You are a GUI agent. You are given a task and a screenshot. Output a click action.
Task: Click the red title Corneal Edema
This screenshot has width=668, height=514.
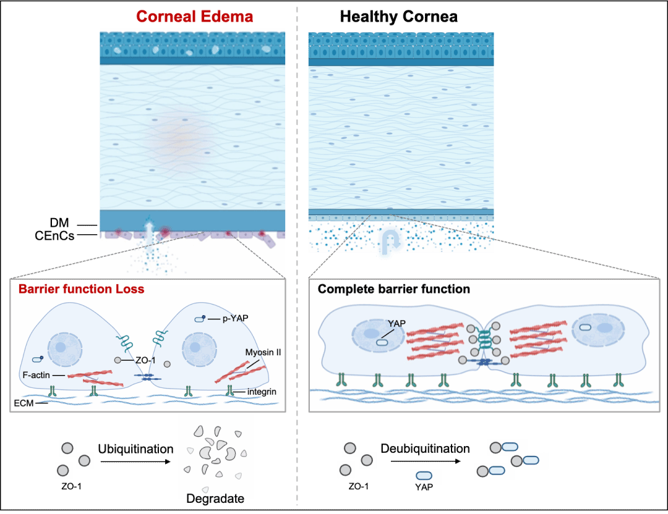[194, 16]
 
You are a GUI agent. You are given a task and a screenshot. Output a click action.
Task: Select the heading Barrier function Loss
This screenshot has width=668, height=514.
[81, 289]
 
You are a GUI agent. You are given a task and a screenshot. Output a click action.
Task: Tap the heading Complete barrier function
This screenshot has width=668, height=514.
[394, 289]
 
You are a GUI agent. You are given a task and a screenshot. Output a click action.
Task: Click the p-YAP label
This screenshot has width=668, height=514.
[235, 319]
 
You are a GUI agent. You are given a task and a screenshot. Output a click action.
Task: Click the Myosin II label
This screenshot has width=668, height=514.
[263, 352]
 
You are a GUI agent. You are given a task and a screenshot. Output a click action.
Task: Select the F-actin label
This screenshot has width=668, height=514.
[35, 375]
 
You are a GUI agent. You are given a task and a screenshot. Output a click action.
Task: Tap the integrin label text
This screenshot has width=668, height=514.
[261, 392]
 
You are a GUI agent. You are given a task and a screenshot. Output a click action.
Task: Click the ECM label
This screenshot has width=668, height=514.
[22, 403]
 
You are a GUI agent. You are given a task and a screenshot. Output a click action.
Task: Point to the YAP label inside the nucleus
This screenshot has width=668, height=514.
[396, 323]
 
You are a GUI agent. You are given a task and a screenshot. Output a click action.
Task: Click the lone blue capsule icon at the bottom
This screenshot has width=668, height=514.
[424, 476]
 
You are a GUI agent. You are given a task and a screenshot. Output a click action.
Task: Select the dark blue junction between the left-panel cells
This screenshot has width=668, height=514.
[147, 376]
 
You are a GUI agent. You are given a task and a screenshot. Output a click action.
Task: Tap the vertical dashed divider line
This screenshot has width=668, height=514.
[298, 247]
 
